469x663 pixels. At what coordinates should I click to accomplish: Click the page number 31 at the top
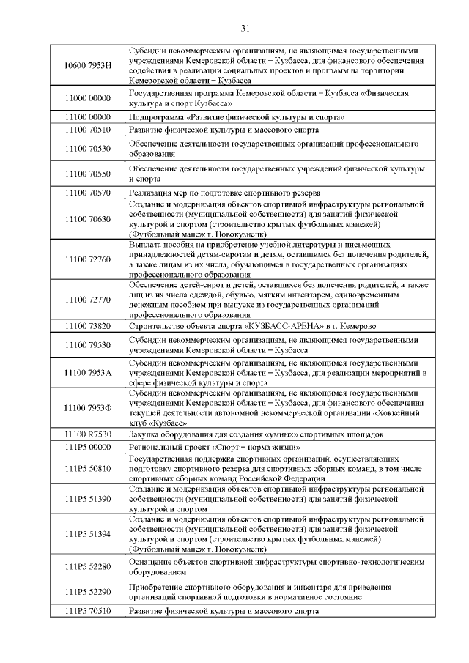click(x=245, y=28)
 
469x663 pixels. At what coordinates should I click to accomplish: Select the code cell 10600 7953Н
click(x=87, y=65)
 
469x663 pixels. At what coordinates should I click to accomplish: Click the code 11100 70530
click(x=87, y=149)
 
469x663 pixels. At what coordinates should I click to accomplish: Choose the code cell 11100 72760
click(x=87, y=259)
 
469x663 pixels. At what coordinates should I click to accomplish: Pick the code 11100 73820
click(x=87, y=325)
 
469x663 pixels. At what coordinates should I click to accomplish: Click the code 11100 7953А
click(x=87, y=372)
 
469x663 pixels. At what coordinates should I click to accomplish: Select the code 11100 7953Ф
click(x=87, y=407)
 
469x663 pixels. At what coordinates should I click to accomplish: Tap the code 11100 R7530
click(x=87, y=434)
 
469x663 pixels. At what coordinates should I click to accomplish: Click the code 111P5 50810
click(x=87, y=467)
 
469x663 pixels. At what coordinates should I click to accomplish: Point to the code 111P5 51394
click(x=87, y=533)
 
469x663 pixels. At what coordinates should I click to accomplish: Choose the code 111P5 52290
click(x=87, y=591)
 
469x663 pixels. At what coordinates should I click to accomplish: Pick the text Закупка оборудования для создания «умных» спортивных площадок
click(x=256, y=434)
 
